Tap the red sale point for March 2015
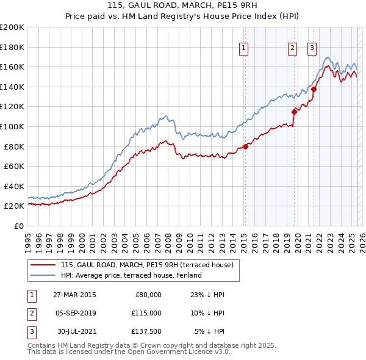(x=245, y=146)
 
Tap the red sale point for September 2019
(x=294, y=112)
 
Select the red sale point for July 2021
(x=314, y=89)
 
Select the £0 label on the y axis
(x=19, y=226)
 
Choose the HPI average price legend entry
(x=131, y=275)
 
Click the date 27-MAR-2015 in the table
(x=74, y=295)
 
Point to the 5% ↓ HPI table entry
(x=210, y=333)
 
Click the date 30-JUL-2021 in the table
(x=75, y=333)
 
